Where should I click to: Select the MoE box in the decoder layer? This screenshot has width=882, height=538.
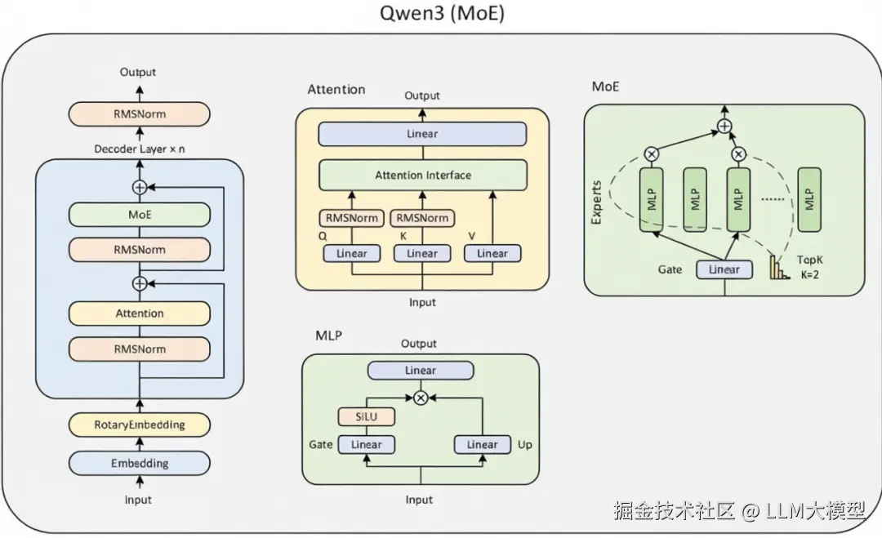(x=140, y=216)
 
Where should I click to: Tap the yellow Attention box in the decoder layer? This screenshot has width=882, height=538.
(x=140, y=313)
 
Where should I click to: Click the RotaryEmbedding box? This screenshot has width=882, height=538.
(x=140, y=425)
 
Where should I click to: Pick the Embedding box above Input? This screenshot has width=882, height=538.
(x=140, y=463)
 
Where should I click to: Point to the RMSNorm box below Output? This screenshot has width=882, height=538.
(x=140, y=114)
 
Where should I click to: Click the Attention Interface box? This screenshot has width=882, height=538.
(x=422, y=175)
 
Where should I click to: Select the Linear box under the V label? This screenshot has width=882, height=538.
(x=492, y=254)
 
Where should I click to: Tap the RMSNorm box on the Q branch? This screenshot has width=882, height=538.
(x=352, y=218)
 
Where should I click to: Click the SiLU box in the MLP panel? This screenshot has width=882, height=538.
(x=367, y=416)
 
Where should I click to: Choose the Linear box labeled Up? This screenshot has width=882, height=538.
(x=482, y=445)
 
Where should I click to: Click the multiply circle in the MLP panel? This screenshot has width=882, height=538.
(x=421, y=398)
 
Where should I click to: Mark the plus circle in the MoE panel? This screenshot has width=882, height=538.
(x=724, y=126)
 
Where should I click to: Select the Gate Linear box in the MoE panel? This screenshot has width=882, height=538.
(x=724, y=269)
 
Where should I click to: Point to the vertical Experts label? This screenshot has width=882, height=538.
(x=596, y=202)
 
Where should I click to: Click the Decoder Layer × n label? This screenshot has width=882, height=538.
(x=139, y=149)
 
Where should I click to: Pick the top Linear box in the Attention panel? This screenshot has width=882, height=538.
(x=422, y=134)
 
